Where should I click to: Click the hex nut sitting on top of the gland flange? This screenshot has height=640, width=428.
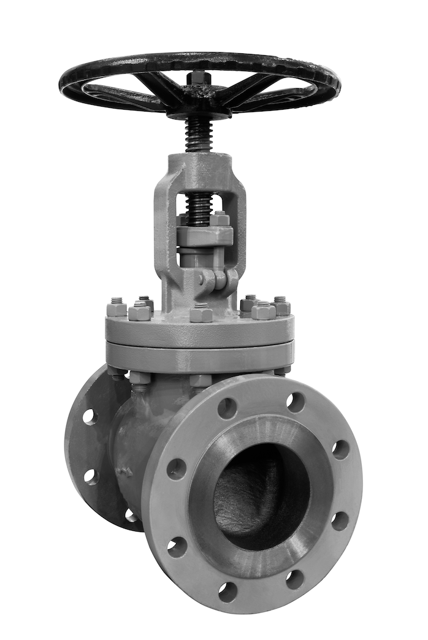click(219, 218)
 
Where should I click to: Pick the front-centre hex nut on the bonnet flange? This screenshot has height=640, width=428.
click(201, 313)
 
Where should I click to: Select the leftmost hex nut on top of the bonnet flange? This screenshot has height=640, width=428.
click(117, 308)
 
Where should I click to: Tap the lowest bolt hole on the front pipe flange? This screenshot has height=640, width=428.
click(227, 591)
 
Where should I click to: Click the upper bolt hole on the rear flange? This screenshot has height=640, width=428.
click(90, 417)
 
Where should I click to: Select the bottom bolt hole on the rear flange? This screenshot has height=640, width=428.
click(131, 515)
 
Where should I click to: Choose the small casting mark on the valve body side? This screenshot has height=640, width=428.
click(125, 471)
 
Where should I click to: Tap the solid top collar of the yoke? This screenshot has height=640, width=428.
click(200, 164)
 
